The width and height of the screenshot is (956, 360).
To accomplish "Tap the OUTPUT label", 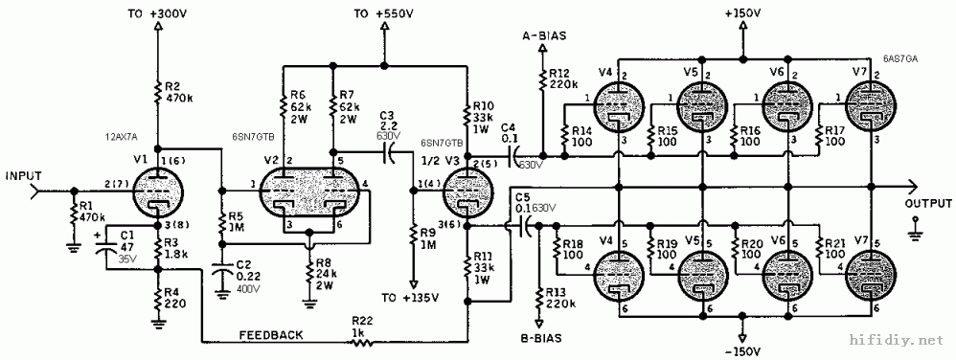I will (x=927, y=204).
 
